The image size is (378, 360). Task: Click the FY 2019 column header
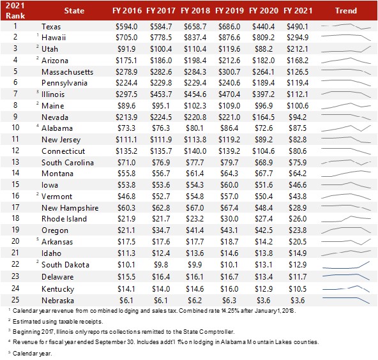click(x=229, y=11)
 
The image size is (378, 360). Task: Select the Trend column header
click(x=346, y=11)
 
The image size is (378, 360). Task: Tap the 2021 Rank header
click(x=15, y=10)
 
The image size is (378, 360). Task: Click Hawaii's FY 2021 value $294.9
click(x=298, y=38)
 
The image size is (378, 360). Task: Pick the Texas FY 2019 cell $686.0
click(x=229, y=27)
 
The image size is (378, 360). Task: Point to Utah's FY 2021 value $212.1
click(x=298, y=49)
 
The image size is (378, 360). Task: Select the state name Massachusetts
click(x=67, y=71)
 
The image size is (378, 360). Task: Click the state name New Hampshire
click(x=70, y=207)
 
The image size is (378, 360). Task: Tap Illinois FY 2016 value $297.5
click(x=126, y=94)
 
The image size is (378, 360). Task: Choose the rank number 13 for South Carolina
click(x=15, y=162)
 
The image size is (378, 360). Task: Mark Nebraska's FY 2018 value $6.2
click(x=195, y=301)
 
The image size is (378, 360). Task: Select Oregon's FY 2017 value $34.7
click(x=161, y=230)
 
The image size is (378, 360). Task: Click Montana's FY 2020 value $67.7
click(x=264, y=174)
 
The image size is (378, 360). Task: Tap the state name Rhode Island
click(x=64, y=218)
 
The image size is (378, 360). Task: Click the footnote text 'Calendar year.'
click(x=32, y=353)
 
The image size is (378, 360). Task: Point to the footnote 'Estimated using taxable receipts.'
click(x=58, y=322)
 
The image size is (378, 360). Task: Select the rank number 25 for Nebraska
click(x=15, y=300)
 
